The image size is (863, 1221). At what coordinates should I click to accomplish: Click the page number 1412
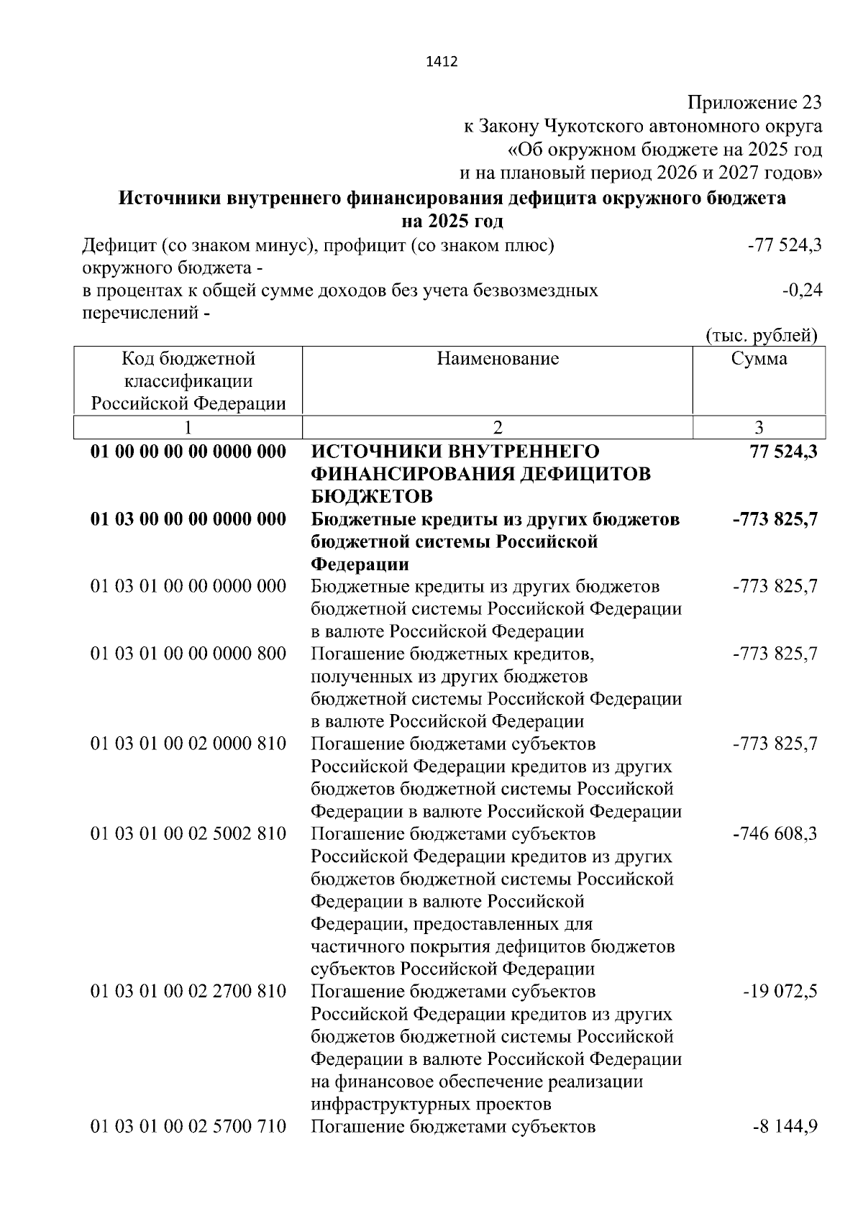coord(442,62)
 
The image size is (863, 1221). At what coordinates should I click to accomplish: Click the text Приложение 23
coord(754,103)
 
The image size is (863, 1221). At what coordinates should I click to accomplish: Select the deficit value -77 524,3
coord(785,246)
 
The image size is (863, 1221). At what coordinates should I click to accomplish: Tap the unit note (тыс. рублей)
coord(762,336)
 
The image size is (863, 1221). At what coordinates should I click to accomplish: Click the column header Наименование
coord(498,359)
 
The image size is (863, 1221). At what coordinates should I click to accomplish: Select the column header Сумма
coord(759,359)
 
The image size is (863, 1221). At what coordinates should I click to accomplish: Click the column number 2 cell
coord(498,428)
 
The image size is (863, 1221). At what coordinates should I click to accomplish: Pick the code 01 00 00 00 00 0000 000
coord(188,452)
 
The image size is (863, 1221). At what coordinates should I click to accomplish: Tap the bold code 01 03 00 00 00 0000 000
coord(188,519)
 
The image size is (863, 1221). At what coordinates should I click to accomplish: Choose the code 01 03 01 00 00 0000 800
coord(188,654)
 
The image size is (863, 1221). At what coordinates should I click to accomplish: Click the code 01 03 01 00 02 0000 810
coord(188,744)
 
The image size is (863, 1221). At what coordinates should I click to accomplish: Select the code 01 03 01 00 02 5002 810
coord(188,834)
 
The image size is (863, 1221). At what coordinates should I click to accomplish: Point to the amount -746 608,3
coord(775,834)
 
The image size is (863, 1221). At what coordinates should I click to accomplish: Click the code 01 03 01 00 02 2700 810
coord(188,992)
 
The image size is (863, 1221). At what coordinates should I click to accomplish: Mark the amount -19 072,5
coord(780,992)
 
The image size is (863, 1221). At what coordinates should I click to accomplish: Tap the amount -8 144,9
coord(784,1126)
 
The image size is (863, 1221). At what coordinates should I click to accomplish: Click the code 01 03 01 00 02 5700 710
coord(188,1126)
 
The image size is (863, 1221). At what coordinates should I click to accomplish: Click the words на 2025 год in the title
coord(452,221)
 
